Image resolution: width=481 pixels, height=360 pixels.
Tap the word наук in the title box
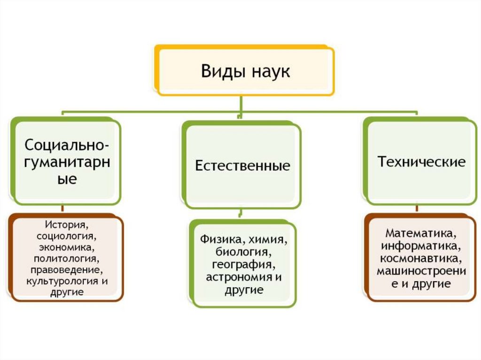(x=270, y=72)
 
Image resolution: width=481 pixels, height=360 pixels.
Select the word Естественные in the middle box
(x=242, y=166)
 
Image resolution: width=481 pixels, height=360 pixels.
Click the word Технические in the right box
(x=422, y=162)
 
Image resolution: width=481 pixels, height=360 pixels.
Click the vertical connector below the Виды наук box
(x=240, y=103)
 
